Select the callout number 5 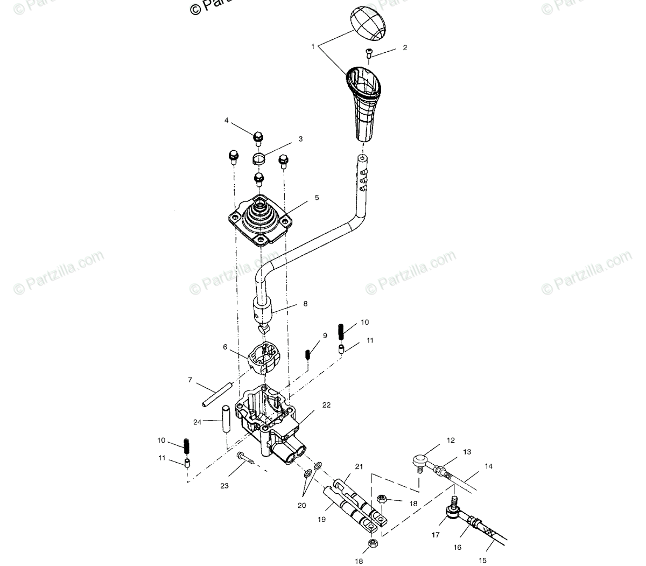pos(317,198)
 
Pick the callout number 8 pos(305,304)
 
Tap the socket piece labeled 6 pos(262,356)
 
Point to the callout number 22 pos(326,404)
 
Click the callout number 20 pos(302,505)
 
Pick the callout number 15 pos(482,560)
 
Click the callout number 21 pos(359,466)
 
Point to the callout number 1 pos(313,47)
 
